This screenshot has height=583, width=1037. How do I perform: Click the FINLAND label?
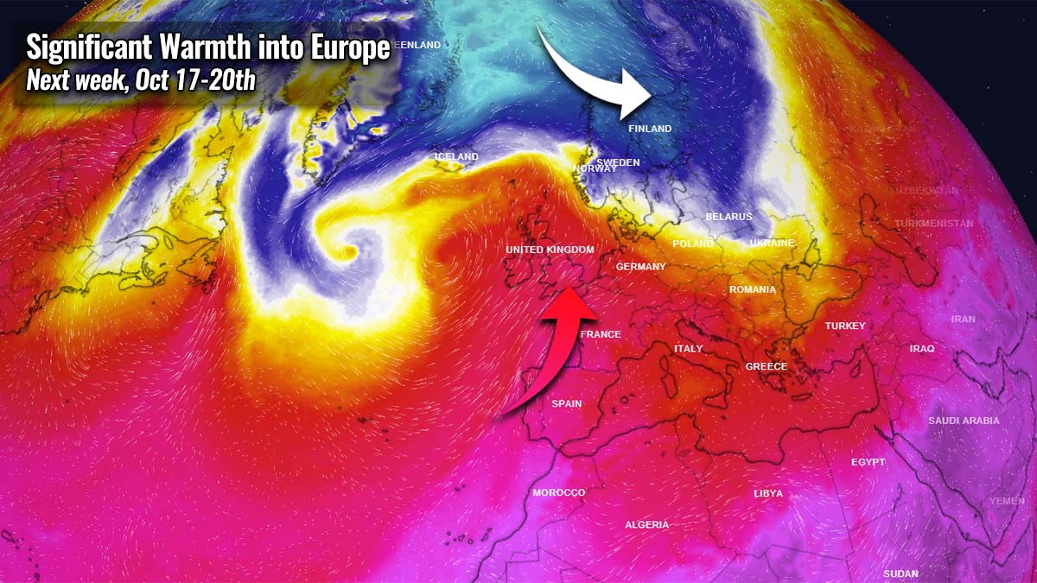tap(649, 129)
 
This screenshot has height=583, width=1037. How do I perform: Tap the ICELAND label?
tap(455, 156)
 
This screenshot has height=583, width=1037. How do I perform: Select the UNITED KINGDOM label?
tap(550, 250)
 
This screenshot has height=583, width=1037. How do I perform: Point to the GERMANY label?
tap(640, 267)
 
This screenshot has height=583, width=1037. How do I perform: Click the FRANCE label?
tap(601, 334)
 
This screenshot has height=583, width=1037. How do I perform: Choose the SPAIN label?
tap(567, 403)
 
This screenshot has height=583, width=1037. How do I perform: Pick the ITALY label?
tap(688, 349)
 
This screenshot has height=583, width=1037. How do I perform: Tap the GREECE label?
tap(766, 366)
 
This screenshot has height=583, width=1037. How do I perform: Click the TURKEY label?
tap(844, 326)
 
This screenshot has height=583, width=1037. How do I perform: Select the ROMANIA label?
tap(752, 289)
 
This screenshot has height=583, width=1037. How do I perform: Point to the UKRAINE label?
tap(771, 244)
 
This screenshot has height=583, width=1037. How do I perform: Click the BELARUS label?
tap(728, 217)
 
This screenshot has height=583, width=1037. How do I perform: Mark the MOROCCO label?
tap(558, 492)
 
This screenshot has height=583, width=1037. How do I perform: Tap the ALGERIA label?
tap(646, 524)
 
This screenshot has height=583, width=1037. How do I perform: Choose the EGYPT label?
tap(868, 462)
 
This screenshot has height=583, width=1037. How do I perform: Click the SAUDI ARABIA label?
tap(964, 421)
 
